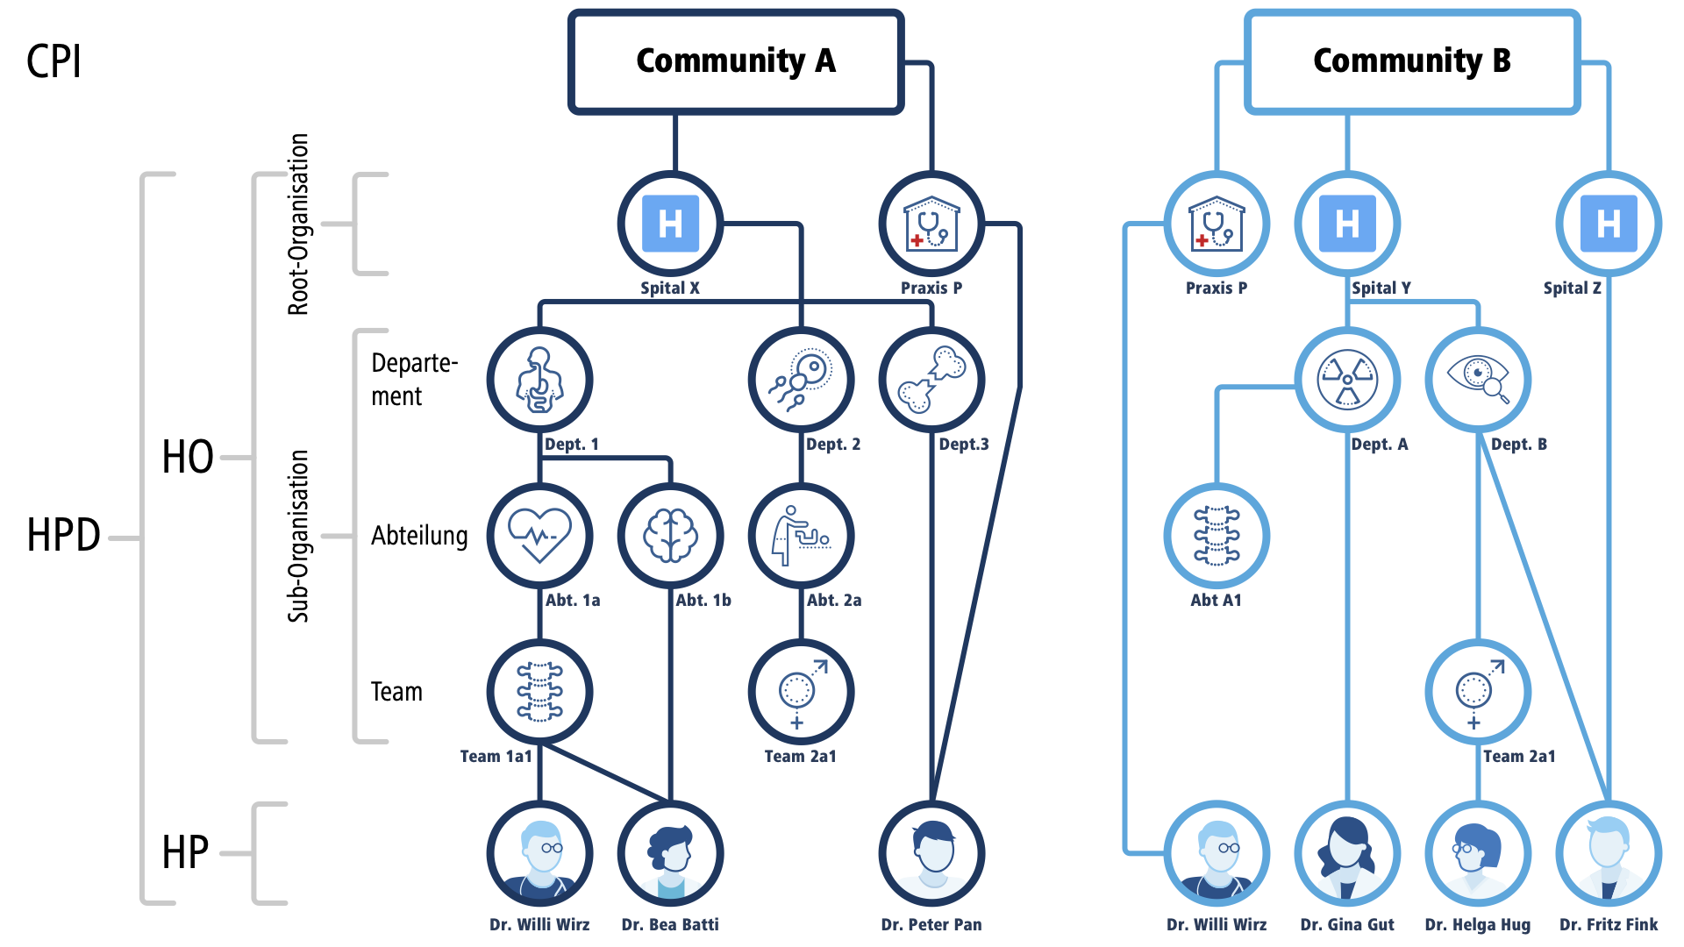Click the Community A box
pos(735,61)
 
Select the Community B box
pos(1411,61)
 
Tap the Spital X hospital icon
pos(670,224)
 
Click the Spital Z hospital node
pos(1608,224)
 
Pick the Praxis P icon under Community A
pos(931,224)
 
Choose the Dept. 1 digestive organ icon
pos(539,380)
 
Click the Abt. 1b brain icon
pos(670,536)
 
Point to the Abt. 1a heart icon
pos(539,536)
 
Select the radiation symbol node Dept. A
pos(1347,380)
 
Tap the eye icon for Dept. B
pos(1478,380)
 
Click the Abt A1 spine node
pos(1217,536)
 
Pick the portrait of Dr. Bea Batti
pos(670,853)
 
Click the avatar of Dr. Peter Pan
pos(931,853)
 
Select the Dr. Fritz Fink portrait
pos(1608,853)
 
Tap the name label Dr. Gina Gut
pos(1347,924)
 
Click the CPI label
pos(54,61)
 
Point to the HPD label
pos(63,535)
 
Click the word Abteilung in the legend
pos(419,536)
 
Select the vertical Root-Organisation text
pos(299,224)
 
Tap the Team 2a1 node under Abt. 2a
pos(801,692)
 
